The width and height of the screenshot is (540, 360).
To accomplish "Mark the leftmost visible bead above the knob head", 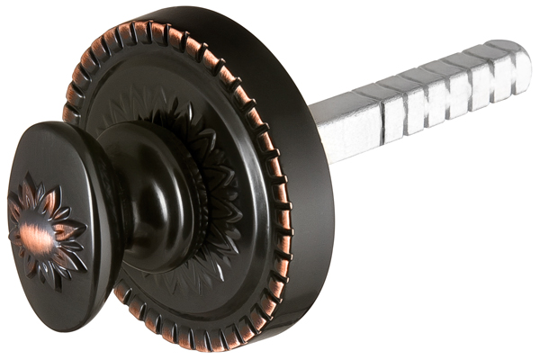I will pyautogui.click(x=69, y=112).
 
